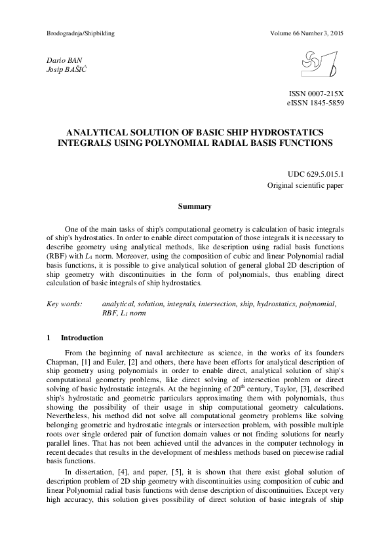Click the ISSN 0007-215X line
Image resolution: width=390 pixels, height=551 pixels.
coord(316,95)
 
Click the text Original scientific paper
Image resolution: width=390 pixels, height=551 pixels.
coord(305,186)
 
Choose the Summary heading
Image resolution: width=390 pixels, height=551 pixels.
coord(195,207)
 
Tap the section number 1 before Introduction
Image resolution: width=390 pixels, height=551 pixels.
coord(49,338)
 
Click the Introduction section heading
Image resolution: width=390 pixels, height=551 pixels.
coord(82,338)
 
